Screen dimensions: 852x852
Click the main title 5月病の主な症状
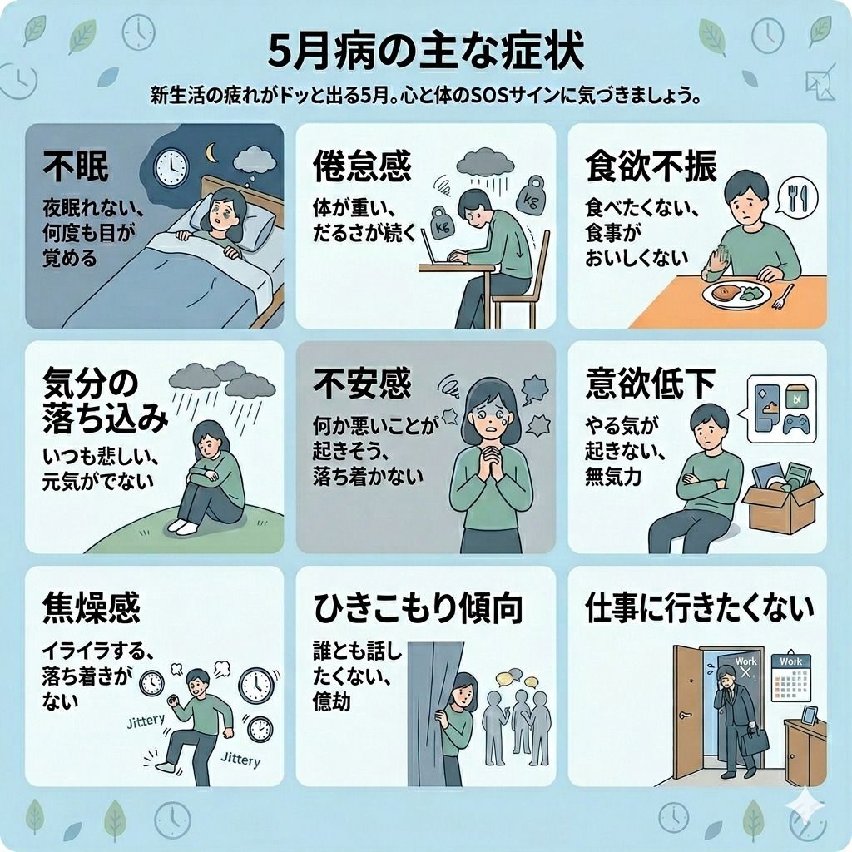[x=426, y=52]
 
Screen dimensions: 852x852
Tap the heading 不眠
[x=77, y=167]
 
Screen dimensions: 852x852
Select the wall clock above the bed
[x=171, y=167]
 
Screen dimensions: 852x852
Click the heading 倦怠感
[x=362, y=167]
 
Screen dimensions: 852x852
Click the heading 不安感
[x=362, y=384]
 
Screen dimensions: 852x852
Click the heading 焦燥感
[x=91, y=609]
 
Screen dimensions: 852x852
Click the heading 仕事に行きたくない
[x=699, y=609]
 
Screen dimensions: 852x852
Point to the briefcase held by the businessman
[x=754, y=741]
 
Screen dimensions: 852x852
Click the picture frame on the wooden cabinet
[x=809, y=715]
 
